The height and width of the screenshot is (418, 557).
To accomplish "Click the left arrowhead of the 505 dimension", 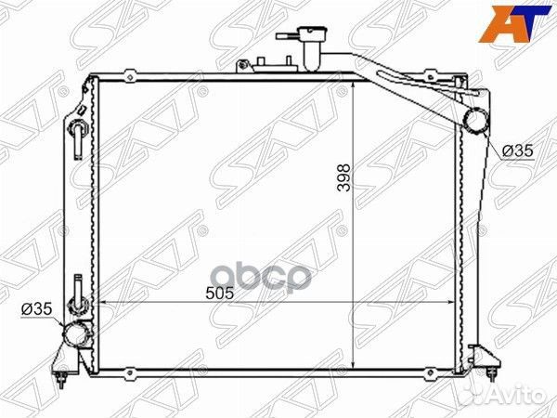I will pos(101,303).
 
